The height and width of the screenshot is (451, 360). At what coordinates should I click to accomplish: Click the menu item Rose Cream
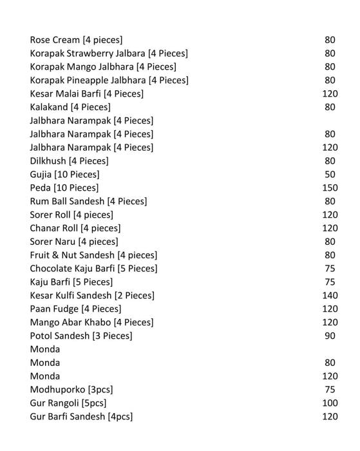[76, 40]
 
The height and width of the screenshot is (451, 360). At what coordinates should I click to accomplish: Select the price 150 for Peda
[330, 187]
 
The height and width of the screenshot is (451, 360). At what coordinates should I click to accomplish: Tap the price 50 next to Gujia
[330, 175]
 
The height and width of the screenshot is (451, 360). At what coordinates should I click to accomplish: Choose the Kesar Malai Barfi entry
[86, 94]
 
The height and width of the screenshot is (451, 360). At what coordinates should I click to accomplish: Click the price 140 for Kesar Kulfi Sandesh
[330, 296]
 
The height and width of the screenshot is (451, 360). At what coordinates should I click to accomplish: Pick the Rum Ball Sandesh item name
[88, 201]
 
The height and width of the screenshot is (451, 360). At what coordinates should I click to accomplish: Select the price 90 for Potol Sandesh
[330, 336]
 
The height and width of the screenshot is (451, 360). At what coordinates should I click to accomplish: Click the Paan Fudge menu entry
[75, 309]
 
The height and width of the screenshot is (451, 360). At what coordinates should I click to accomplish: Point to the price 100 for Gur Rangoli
[330, 403]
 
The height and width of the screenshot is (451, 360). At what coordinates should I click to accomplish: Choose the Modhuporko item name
[71, 390]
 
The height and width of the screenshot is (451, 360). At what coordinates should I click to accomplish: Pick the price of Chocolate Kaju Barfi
[330, 269]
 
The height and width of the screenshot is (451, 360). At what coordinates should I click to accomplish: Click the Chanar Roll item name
[75, 228]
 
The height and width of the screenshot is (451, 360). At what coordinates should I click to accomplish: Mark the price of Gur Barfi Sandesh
[330, 417]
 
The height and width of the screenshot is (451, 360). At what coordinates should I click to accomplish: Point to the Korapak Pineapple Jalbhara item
[109, 81]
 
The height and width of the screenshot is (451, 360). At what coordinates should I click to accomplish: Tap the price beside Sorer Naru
[330, 242]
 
